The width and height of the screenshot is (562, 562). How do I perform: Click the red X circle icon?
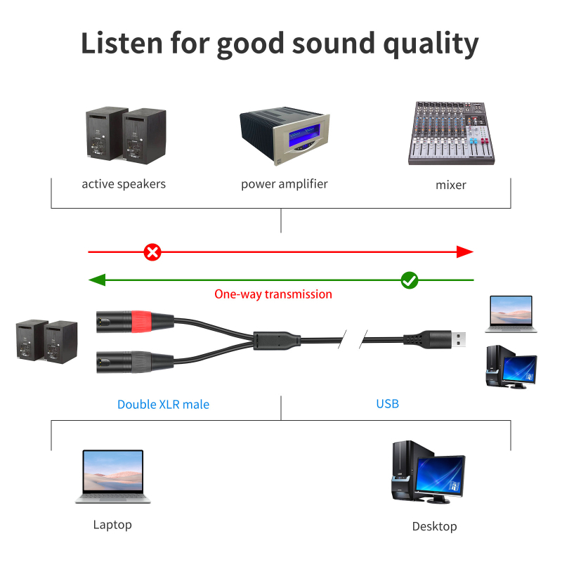152,251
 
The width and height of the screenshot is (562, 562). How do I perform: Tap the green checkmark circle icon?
410,280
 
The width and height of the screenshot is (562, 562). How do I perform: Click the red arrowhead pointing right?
464,251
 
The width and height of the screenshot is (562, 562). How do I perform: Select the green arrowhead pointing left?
97,280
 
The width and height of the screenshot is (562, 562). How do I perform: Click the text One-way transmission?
273,294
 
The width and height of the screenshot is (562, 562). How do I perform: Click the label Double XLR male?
163,405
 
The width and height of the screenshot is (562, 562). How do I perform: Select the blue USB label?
387,404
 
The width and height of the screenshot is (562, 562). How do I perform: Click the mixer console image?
447,133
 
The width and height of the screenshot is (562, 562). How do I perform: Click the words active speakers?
124,184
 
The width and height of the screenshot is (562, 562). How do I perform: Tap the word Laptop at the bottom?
112,525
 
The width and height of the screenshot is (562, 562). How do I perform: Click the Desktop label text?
434,526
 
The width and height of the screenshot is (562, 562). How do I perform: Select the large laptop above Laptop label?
113,476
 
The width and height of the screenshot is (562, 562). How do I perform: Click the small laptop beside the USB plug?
511,313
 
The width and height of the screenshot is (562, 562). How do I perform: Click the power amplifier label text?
284,184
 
